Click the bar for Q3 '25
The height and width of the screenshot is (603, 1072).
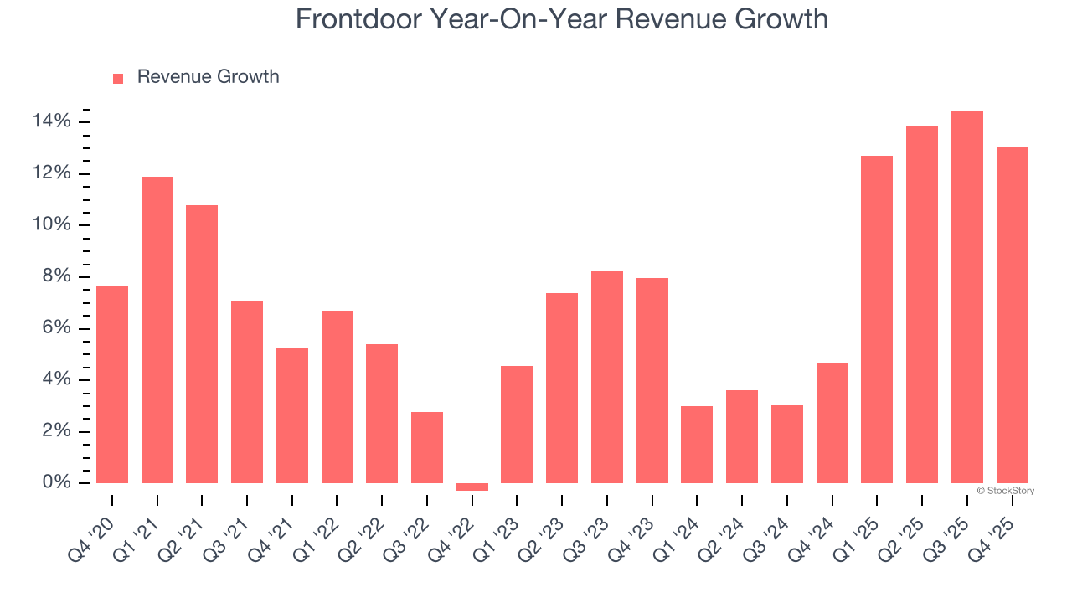pos(967,297)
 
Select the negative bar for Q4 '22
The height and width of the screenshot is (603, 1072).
pos(472,487)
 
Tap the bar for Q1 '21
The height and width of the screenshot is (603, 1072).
pos(157,330)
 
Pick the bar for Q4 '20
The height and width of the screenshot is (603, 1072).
pos(112,384)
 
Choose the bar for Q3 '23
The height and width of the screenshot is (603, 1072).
pos(607,377)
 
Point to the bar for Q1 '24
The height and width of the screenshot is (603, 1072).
pos(697,445)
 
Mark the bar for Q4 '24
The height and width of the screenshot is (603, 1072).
pos(832,423)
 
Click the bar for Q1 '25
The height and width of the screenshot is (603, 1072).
pos(877,319)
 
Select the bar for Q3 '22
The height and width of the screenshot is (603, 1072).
pos(427,447)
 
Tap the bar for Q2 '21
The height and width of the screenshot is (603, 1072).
pos(202,344)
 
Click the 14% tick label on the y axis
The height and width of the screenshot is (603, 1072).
pos(51,122)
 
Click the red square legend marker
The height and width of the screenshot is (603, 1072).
pos(118,78)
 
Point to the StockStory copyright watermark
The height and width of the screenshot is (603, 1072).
pos(1006,491)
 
